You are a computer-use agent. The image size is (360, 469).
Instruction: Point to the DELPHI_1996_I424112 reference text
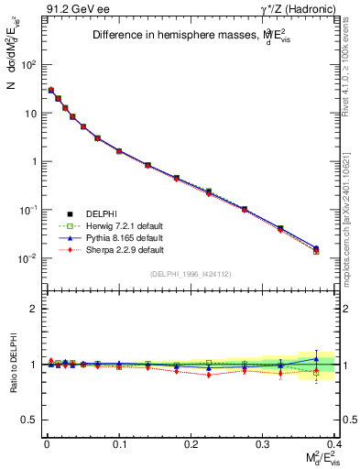pos(191,274)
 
